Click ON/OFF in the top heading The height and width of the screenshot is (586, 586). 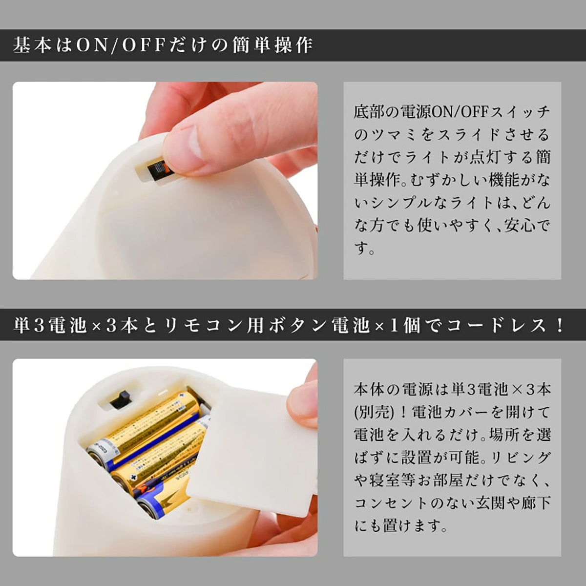tap(120, 46)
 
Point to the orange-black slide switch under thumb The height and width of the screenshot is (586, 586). tap(158, 172)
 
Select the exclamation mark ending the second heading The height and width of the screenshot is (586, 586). tap(560, 325)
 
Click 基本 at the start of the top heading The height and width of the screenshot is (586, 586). tap(32, 46)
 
